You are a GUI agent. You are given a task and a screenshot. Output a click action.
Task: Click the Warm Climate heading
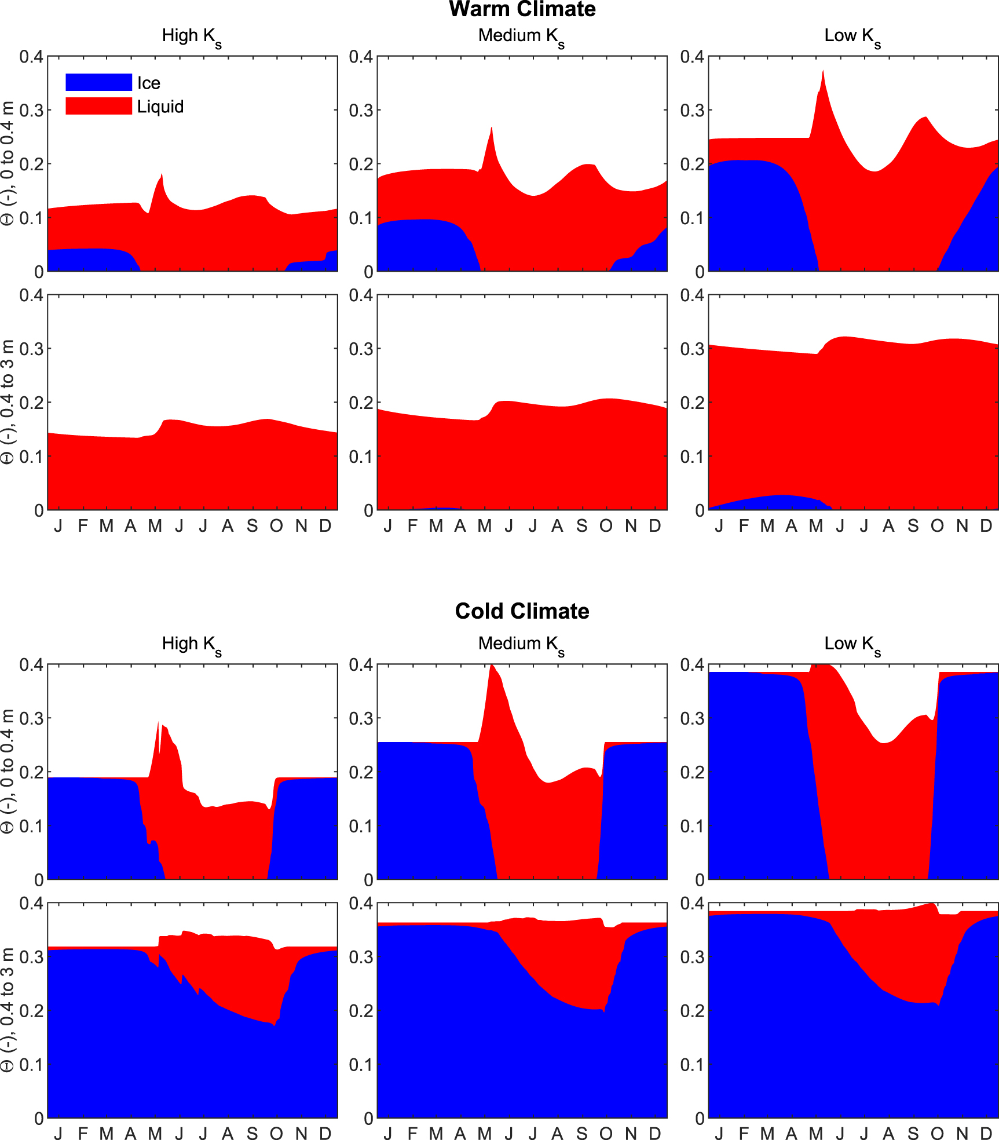522,9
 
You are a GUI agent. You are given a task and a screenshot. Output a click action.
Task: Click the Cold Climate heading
522,611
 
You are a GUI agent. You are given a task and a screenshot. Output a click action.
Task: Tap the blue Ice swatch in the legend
98,82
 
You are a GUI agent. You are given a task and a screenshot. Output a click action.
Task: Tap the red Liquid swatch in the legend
98,106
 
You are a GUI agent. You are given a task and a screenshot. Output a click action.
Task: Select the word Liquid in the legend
160,107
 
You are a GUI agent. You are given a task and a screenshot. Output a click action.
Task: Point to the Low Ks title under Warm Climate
852,36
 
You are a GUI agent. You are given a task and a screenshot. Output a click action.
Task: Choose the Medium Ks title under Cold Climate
521,644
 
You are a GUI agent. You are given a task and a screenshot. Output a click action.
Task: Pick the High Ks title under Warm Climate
192,36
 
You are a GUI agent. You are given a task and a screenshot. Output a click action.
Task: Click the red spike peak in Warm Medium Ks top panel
492,128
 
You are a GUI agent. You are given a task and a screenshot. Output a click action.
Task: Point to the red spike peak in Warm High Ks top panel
162,174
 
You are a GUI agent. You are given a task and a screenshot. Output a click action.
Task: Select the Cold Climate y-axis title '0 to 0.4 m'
8,770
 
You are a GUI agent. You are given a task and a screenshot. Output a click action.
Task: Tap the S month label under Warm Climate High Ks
252,526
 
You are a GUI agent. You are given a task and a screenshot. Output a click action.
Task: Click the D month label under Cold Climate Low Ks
986,1133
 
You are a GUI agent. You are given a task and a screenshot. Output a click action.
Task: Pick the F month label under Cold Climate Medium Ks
412,1133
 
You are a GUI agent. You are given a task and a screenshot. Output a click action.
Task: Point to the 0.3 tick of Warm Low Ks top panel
692,110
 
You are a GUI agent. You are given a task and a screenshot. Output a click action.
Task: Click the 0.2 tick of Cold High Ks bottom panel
31,1011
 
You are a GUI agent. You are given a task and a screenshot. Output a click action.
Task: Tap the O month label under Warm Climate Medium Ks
606,526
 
